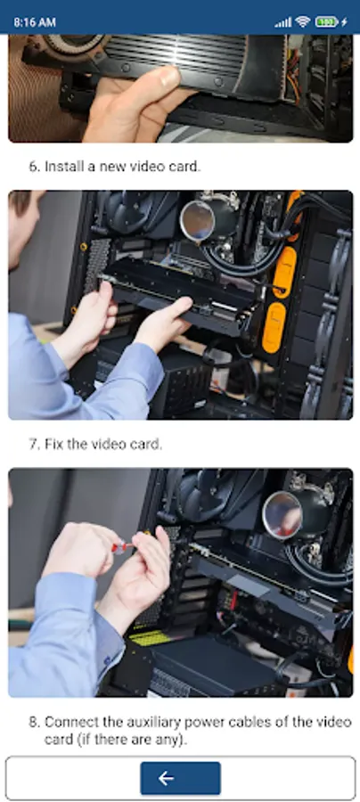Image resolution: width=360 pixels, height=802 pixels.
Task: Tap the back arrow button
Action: pos(180,778)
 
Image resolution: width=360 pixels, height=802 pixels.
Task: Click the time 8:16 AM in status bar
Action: pos(35,22)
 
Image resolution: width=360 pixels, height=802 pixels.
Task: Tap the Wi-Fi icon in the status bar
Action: pos(303,22)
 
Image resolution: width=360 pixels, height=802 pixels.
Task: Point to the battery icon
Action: pos(326,22)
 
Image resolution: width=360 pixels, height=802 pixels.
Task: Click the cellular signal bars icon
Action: pos(283,22)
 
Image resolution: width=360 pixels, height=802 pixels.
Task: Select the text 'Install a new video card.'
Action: pos(122,167)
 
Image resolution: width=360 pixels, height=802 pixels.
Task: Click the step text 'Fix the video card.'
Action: pos(103,444)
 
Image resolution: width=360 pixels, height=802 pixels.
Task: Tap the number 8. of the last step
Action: pos(34,722)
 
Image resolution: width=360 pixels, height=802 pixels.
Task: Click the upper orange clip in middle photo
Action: pos(284,272)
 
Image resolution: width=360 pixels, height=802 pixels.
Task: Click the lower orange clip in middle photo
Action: pos(274,327)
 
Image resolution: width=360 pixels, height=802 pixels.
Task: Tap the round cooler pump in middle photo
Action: pos(197,220)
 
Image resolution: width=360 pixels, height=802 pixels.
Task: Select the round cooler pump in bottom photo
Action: pos(282,515)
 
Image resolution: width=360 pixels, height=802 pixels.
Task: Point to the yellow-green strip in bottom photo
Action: pos(151,637)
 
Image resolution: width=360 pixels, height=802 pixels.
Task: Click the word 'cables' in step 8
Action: pos(252,722)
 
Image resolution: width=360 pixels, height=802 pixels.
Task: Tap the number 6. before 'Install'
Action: pos(34,167)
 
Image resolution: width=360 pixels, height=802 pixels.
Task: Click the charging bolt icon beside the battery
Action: pos(344,22)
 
